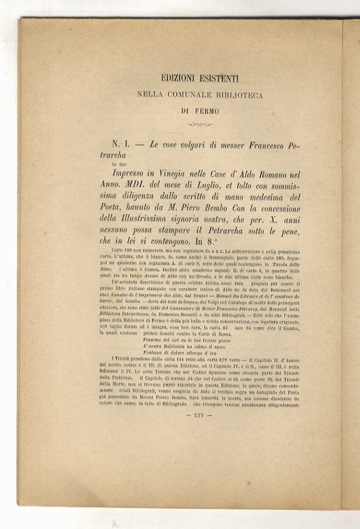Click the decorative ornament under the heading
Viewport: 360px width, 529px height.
coord(200,125)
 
